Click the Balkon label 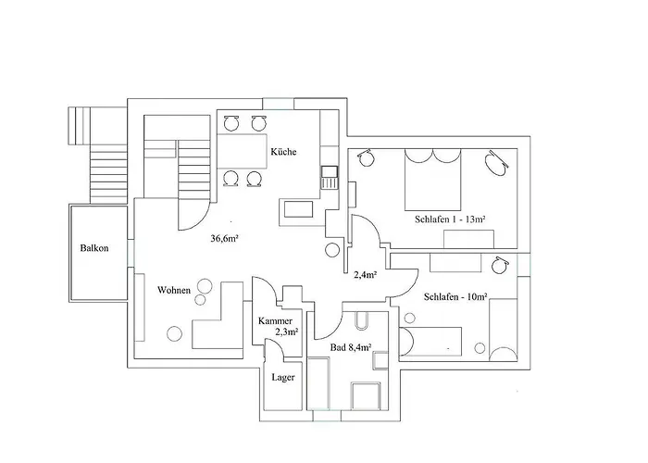(x=94, y=249)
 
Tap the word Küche (x=283, y=152)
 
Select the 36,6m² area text (x=226, y=238)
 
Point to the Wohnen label (x=174, y=290)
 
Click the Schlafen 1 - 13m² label (x=451, y=219)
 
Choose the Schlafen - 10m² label (x=455, y=297)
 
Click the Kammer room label (x=275, y=320)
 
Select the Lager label (x=282, y=377)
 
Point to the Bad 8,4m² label (x=351, y=348)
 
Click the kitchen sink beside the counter (x=329, y=176)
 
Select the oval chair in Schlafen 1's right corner (x=497, y=164)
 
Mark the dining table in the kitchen (x=242, y=149)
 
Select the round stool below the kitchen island (x=332, y=249)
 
